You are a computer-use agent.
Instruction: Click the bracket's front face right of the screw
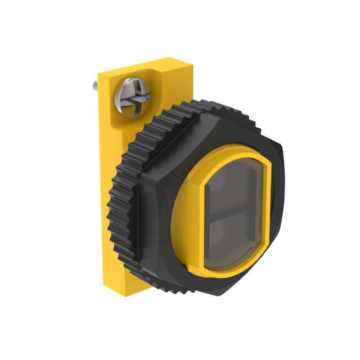coord(169,93)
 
